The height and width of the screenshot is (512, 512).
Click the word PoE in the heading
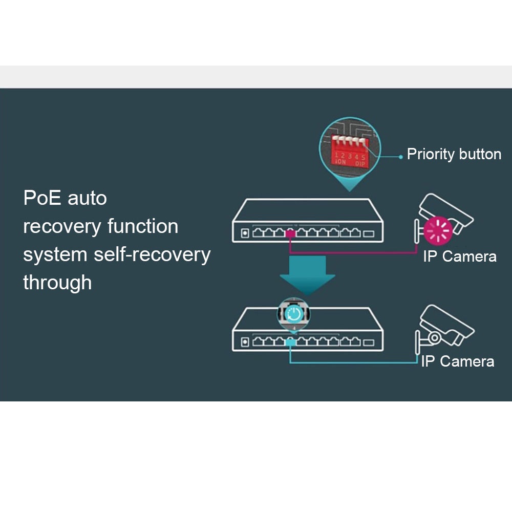(x=42, y=198)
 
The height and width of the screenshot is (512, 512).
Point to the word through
(x=57, y=283)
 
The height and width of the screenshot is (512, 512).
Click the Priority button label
(x=454, y=154)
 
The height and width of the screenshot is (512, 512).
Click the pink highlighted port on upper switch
(x=290, y=234)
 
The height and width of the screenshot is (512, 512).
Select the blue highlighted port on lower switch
(x=290, y=342)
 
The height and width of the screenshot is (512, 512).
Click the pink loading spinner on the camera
(x=438, y=231)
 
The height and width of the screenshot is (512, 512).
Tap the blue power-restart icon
(x=294, y=313)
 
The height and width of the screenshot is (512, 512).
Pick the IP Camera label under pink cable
(x=459, y=257)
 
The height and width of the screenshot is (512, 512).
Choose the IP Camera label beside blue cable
(x=457, y=361)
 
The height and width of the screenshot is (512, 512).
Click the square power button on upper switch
(x=245, y=233)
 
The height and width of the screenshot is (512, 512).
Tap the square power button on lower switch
(x=245, y=342)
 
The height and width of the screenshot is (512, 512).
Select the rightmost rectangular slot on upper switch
(x=368, y=234)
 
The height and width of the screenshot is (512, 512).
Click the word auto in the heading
(x=87, y=198)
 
